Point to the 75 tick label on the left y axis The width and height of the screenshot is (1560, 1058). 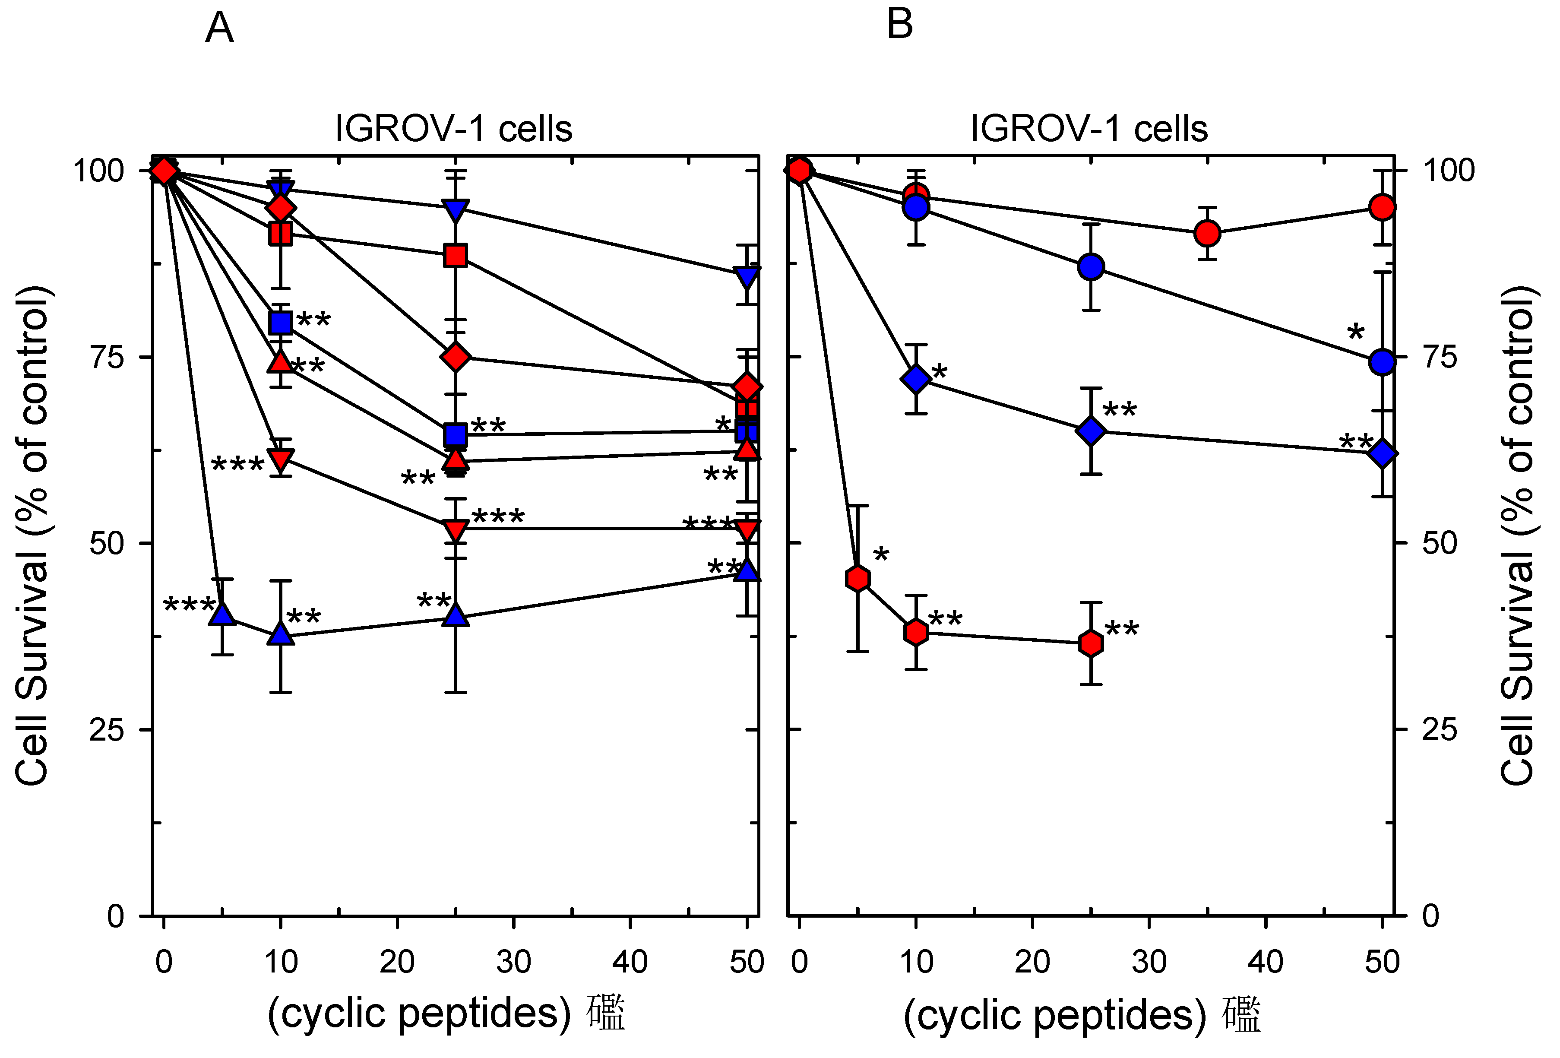[108, 357]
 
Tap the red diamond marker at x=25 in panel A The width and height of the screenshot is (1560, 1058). [456, 357]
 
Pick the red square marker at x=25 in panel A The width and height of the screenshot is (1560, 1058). [456, 256]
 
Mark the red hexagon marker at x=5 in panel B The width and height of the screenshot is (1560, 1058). [858, 578]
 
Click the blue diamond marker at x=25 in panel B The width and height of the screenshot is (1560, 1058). [1091, 431]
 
